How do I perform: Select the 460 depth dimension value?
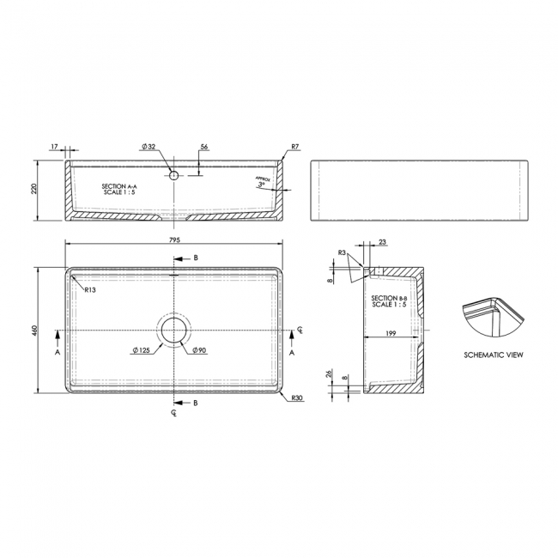coord(35,331)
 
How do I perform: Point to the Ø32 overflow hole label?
coord(149,147)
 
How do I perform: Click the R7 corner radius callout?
coord(294,147)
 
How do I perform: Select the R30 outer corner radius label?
coord(297,397)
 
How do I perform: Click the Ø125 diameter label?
coord(142,350)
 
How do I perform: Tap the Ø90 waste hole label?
coord(197,350)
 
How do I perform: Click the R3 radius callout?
coord(342,253)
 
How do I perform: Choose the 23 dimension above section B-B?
coord(382,242)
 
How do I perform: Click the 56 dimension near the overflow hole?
coord(204,147)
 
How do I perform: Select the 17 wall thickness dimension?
coord(54,147)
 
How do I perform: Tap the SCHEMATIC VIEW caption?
coord(493,354)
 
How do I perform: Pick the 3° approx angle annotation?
coord(261,184)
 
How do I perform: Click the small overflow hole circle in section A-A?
coord(173,175)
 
